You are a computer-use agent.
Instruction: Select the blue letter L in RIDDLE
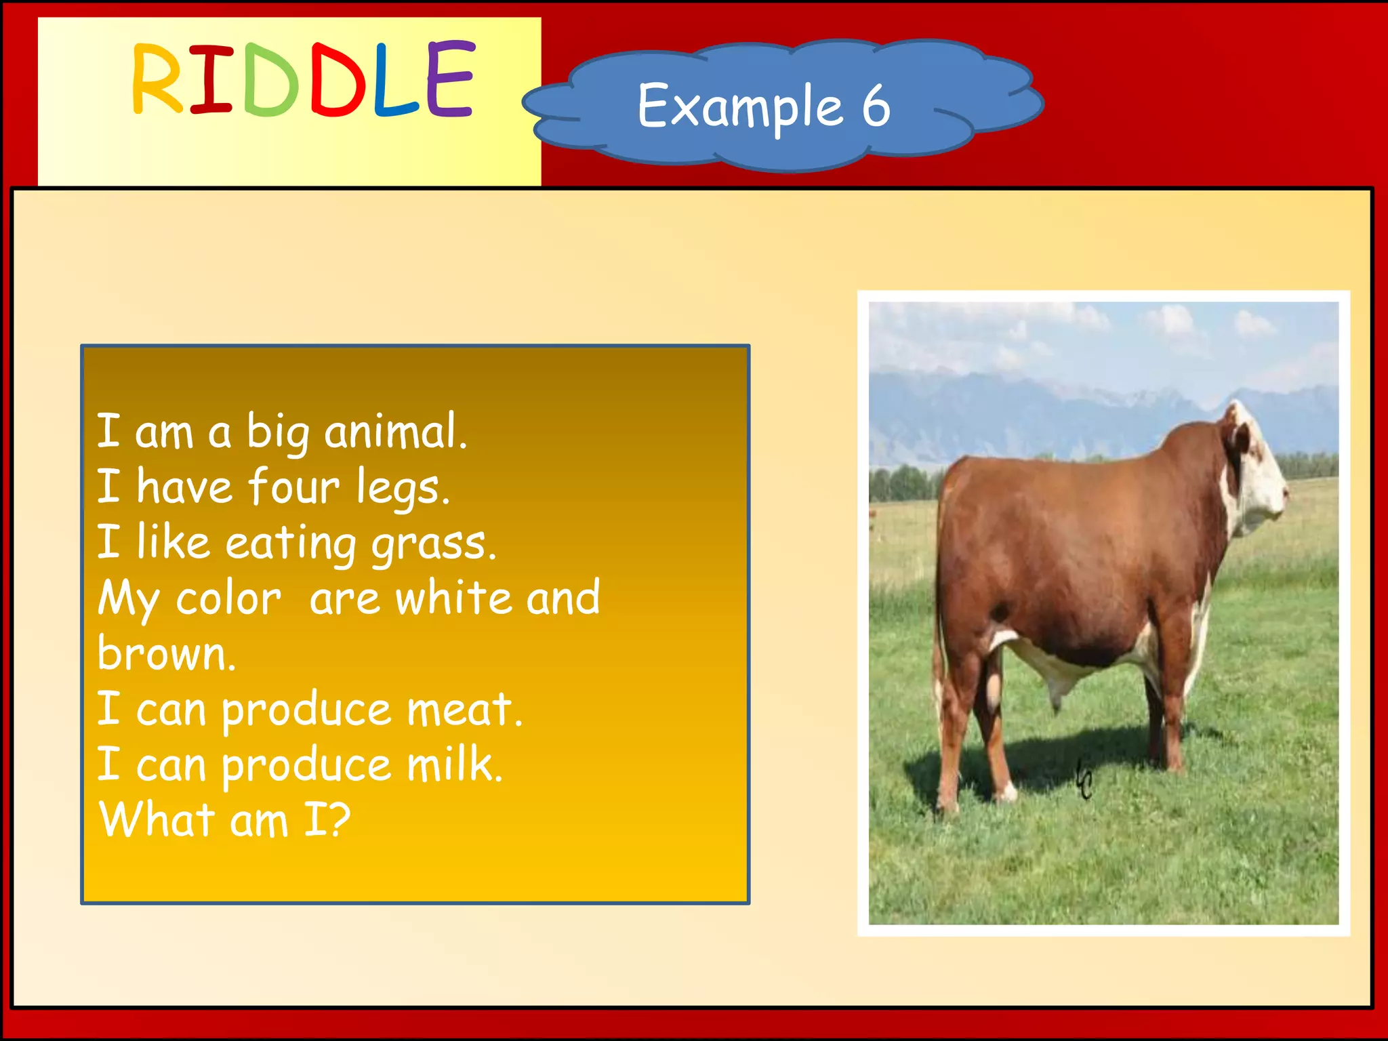click(x=395, y=80)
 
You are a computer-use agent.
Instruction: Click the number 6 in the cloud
click(x=876, y=106)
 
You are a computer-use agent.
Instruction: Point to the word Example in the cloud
click(x=740, y=107)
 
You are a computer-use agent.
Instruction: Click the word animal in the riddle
click(x=395, y=432)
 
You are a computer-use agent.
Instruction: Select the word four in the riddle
click(x=293, y=487)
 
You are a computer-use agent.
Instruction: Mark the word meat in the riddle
click(x=464, y=710)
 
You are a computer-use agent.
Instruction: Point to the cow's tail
click(x=940, y=610)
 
